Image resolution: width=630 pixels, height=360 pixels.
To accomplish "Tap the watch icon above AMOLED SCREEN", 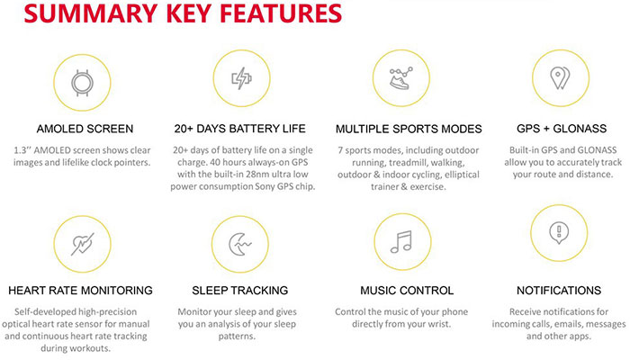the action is [83, 83].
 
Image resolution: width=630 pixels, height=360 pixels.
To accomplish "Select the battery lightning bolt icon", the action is [241, 78].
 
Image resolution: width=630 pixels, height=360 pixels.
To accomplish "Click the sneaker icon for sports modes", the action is [400, 78].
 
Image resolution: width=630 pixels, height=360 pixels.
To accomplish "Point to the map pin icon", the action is [560, 78].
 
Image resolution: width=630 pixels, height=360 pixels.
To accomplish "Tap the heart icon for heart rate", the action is [83, 244].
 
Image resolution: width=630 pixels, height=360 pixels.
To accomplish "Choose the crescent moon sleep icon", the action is [240, 244].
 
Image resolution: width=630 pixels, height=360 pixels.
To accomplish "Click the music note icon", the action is [401, 241].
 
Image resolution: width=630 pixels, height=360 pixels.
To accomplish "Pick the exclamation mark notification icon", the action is [559, 233].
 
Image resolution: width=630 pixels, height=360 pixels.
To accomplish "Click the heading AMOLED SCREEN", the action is [85, 129].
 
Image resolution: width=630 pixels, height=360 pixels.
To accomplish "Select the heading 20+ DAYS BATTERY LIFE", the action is [240, 129].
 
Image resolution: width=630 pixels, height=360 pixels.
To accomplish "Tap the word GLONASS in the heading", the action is [580, 129].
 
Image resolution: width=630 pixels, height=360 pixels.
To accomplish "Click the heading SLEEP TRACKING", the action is [240, 291].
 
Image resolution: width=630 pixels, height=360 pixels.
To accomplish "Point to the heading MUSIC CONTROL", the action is [407, 291].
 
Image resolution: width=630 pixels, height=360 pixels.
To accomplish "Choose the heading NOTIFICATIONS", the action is [559, 291].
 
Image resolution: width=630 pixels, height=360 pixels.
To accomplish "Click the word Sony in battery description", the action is [265, 187].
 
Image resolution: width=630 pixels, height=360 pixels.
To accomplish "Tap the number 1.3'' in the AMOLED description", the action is [22, 150].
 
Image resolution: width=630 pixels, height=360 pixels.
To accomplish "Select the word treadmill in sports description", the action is [408, 163].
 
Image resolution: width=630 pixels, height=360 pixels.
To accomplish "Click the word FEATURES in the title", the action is [281, 13].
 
